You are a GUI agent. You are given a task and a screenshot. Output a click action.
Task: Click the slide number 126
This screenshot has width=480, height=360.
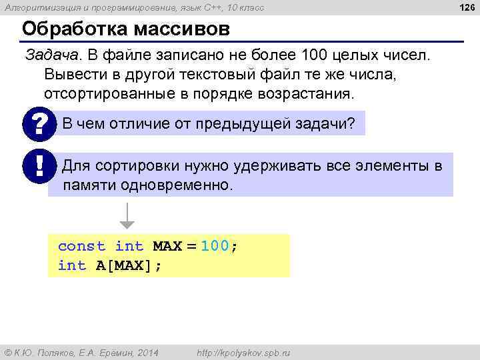click(x=466, y=7)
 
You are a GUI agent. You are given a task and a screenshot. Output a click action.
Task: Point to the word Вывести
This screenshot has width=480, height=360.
click(x=70, y=74)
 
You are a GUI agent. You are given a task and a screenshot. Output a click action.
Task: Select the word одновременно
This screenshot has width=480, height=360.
click(x=177, y=185)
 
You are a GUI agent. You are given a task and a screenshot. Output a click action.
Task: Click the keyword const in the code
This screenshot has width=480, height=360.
click(x=81, y=246)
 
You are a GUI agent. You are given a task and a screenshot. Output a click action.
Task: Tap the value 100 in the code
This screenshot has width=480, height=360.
click(x=215, y=246)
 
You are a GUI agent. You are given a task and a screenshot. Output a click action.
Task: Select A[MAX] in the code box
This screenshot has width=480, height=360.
click(x=128, y=265)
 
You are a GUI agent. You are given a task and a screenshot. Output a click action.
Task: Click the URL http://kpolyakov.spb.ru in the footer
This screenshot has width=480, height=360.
click(x=239, y=352)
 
